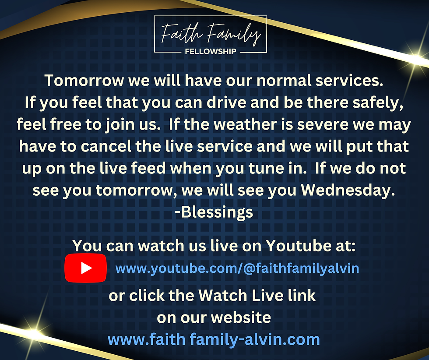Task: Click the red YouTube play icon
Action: [x=86, y=268]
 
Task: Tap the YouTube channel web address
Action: [x=237, y=268]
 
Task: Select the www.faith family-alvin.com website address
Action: [x=214, y=339]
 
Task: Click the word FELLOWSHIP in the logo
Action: [x=211, y=51]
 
